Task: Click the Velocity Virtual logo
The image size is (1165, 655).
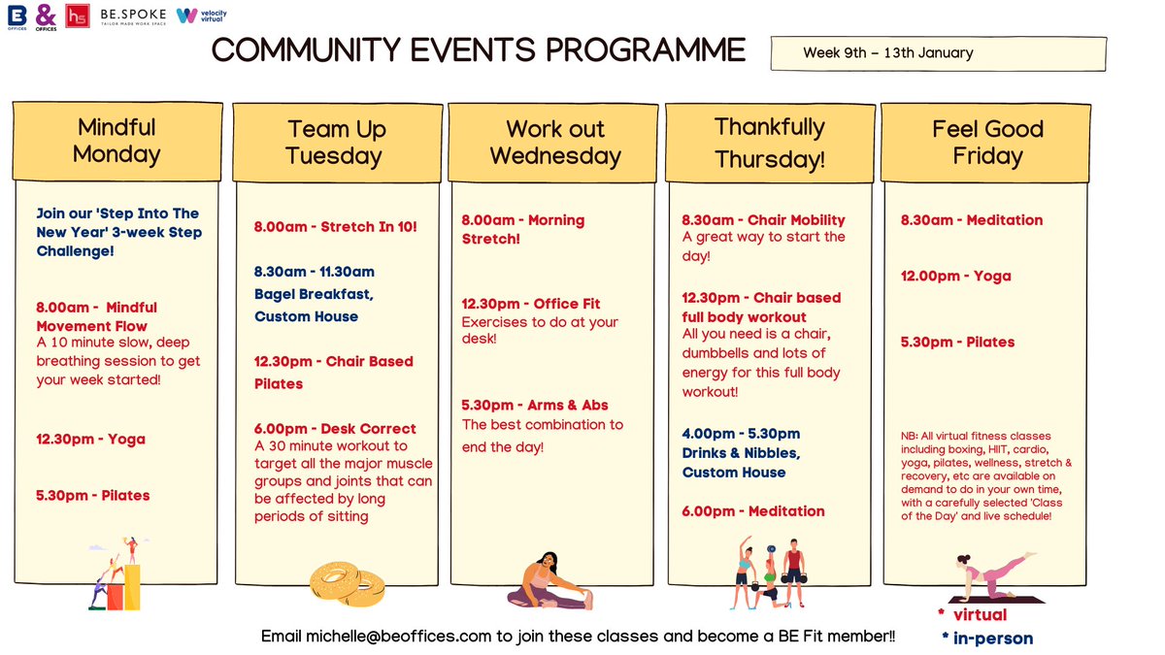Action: coord(200,16)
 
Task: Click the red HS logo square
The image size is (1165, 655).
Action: coord(78,16)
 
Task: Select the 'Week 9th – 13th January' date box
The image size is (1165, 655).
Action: coord(938,53)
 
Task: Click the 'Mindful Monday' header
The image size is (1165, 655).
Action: coord(116,141)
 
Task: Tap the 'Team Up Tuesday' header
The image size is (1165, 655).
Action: coord(336,143)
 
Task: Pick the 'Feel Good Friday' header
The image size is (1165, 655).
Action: coord(987,143)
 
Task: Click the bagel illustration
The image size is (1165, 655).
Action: coord(346,579)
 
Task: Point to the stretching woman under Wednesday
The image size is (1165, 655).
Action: coord(549,581)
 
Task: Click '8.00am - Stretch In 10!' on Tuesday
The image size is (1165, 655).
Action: coord(335,227)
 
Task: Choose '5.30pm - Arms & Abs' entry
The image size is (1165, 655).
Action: coord(535,406)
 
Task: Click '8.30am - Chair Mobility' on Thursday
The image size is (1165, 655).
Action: coord(763,219)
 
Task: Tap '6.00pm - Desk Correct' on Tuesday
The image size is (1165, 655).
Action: coord(335,429)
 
